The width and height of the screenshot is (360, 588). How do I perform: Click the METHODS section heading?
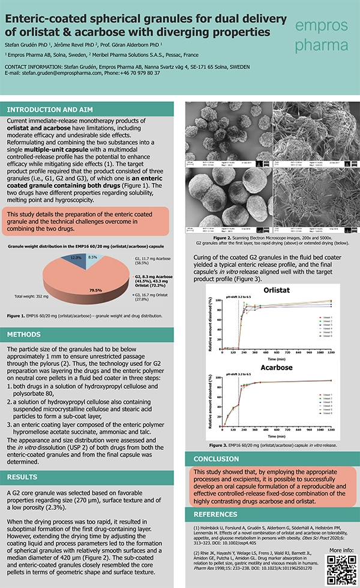pyautogui.click(x=25, y=334)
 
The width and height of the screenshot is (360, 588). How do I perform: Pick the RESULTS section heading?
pyautogui.click(x=24, y=477)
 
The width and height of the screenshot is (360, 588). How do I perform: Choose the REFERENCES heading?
pyautogui.click(x=220, y=515)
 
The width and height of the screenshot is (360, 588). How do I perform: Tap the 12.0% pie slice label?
pyautogui.click(x=76, y=257)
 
